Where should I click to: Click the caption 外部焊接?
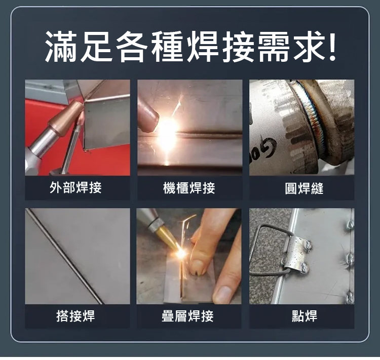[75, 188]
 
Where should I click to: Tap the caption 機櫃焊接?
[189, 188]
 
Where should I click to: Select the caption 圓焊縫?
[304, 188]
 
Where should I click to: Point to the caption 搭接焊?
[75, 316]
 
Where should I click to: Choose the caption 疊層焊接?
[187, 316]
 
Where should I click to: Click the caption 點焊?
[305, 316]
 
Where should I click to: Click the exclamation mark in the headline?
[332, 46]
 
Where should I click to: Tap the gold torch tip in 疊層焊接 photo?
[167, 238]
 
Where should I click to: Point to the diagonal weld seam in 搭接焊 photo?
[64, 256]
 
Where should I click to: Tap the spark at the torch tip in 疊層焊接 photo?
[180, 253]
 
